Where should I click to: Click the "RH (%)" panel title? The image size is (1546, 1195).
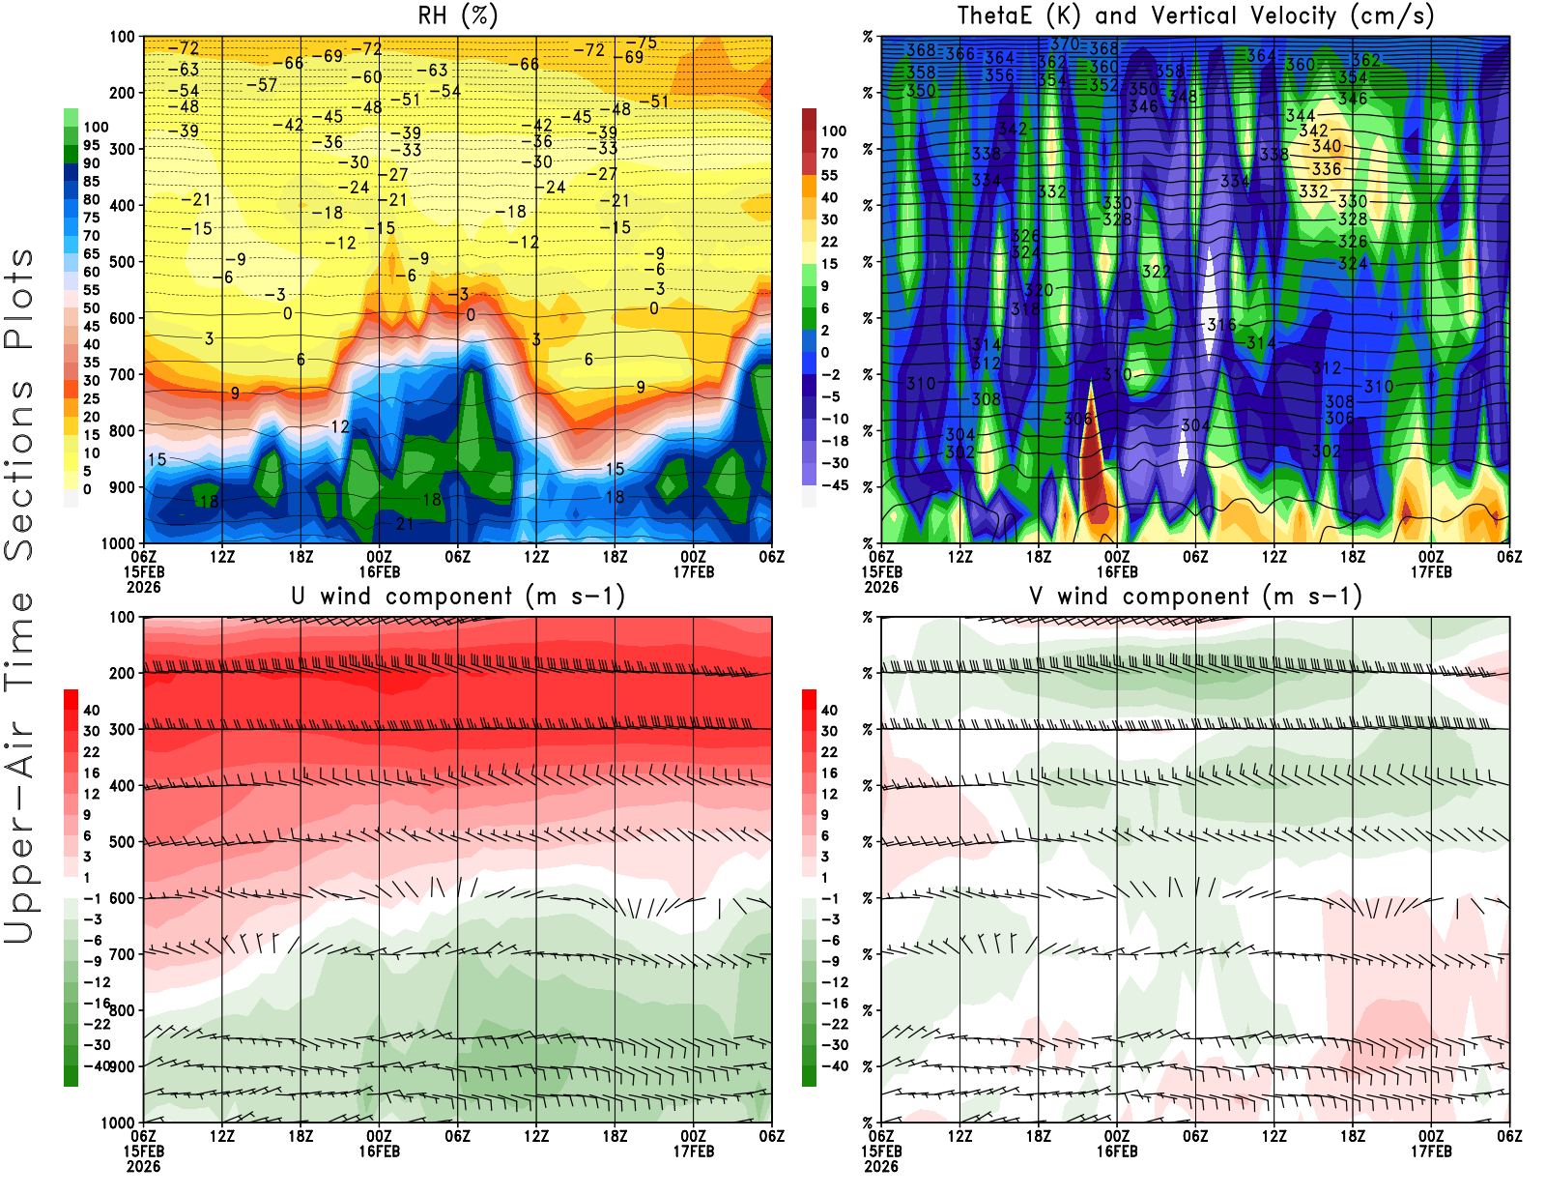click(458, 16)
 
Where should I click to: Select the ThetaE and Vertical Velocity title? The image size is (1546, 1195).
click(1195, 16)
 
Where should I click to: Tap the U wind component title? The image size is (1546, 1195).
click(458, 597)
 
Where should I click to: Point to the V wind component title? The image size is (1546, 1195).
click(1195, 597)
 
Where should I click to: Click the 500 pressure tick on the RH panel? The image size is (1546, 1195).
click(122, 262)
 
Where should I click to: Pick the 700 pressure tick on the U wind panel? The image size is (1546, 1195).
click(122, 954)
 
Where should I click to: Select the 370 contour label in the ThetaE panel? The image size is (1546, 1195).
click(1064, 44)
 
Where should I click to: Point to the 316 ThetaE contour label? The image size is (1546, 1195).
click(1221, 325)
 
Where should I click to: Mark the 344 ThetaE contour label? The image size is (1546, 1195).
click(1300, 116)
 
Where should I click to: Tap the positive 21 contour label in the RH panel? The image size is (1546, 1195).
click(405, 524)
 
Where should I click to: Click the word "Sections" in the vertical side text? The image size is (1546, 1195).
click(19, 469)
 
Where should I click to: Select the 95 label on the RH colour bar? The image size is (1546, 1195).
click(91, 145)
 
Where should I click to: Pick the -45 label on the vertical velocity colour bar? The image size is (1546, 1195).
click(834, 485)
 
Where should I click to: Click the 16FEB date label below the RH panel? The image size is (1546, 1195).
click(379, 572)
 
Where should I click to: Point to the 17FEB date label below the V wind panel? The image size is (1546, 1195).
click(1431, 1151)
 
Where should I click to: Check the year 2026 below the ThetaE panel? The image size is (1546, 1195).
click(881, 587)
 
